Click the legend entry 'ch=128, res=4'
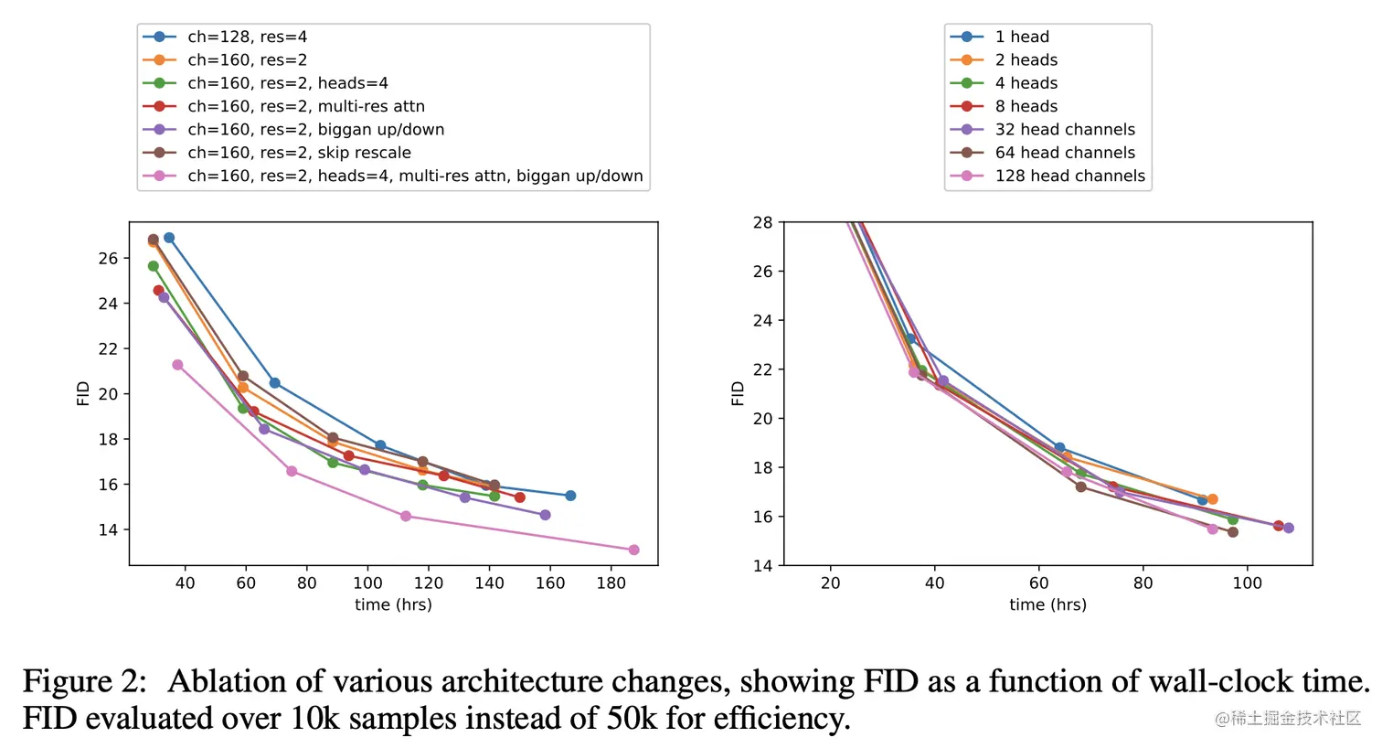[247, 37]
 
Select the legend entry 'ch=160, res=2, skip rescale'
[299, 153]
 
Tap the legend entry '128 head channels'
[1069, 176]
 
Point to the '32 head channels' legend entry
[1065, 130]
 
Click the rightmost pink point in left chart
[634, 550]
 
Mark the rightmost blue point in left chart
[570, 496]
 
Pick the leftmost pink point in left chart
[177, 365]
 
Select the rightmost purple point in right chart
[1289, 528]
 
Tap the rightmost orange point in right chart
[1213, 499]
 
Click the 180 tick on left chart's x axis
[611, 583]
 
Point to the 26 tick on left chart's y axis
[108, 259]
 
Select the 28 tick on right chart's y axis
[762, 223]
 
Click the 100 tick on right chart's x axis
[1247, 583]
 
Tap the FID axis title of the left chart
[83, 393]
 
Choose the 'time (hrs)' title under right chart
[1047, 604]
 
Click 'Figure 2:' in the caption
[84, 682]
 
